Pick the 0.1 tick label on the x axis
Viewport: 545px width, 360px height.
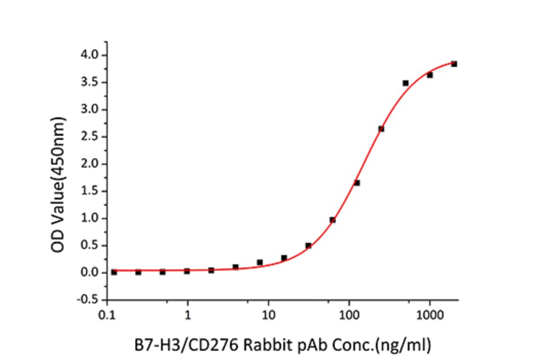(x=107, y=316)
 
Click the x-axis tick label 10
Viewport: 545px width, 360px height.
(x=269, y=316)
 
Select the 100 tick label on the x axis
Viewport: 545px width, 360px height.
(x=349, y=316)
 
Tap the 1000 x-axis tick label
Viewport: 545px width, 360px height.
(x=429, y=316)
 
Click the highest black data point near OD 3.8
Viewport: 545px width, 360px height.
(x=454, y=64)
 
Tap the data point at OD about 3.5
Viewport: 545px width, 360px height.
(x=405, y=82)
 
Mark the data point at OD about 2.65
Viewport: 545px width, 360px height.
(x=381, y=128)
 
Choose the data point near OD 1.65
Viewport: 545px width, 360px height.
(x=357, y=182)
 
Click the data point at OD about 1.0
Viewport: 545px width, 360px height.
(x=332, y=220)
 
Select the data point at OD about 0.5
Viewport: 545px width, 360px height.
(x=308, y=245)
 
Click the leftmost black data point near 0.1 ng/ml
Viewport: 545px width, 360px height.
(x=114, y=272)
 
